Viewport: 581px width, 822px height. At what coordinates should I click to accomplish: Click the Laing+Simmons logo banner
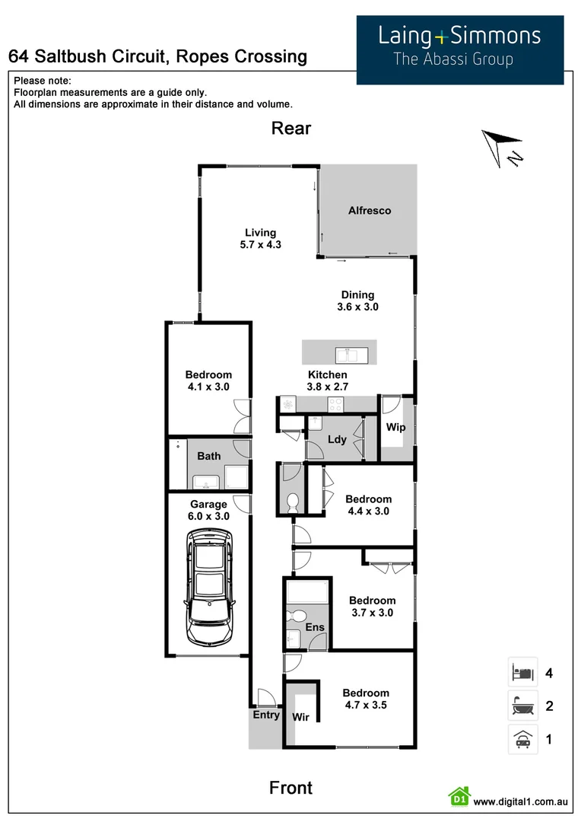[460, 49]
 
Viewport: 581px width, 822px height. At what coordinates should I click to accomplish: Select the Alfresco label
[370, 211]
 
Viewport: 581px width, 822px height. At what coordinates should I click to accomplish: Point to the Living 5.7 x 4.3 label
[260, 239]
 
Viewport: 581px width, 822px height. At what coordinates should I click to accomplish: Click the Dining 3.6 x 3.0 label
[357, 301]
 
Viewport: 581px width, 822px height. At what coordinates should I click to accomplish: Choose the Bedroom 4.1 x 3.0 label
[208, 381]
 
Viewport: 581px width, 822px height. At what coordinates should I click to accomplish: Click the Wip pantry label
[396, 428]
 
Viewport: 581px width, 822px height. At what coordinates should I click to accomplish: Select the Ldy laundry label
[337, 440]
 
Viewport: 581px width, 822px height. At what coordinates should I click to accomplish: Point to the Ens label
[315, 628]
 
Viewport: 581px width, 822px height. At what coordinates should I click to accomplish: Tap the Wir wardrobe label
[300, 716]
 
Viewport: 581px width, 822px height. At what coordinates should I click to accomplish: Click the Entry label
[266, 715]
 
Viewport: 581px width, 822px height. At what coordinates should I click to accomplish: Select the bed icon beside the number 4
[522, 673]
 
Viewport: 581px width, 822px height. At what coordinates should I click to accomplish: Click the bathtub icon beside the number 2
[522, 706]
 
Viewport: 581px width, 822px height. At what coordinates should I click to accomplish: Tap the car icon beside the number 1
[522, 739]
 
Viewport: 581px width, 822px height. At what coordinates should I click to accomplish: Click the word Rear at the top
[291, 128]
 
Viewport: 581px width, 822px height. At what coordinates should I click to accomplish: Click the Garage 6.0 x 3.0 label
[208, 510]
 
